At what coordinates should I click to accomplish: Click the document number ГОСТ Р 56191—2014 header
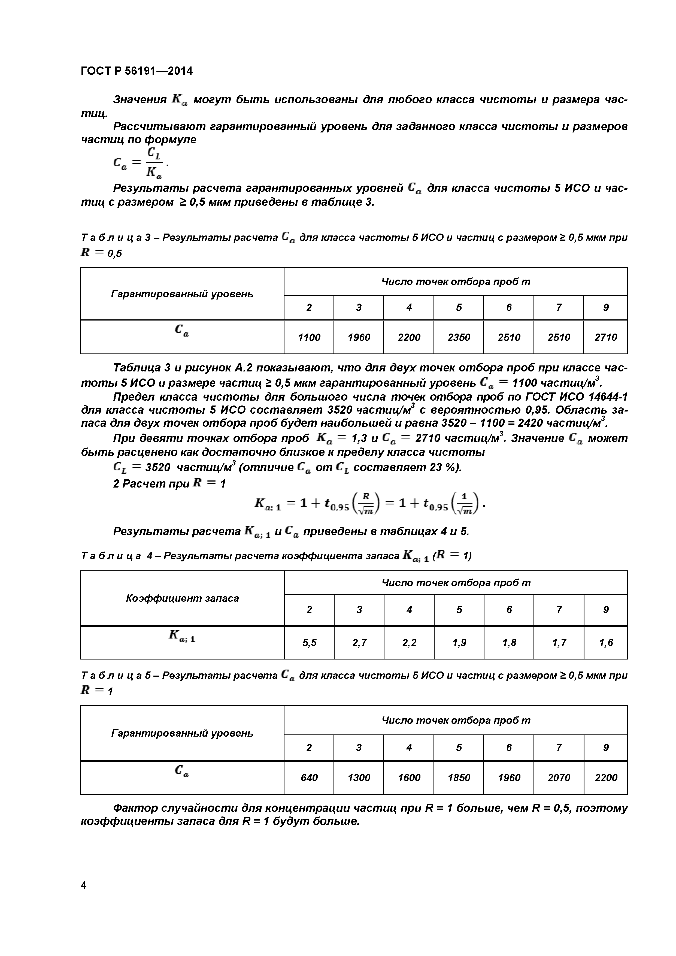click(x=137, y=71)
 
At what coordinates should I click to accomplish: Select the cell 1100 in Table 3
click(x=309, y=338)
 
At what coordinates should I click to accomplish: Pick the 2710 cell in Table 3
click(x=606, y=338)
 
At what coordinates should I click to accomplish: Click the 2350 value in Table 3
click(x=459, y=338)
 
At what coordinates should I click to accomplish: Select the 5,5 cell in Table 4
click(x=309, y=643)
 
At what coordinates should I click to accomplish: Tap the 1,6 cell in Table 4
click(x=606, y=643)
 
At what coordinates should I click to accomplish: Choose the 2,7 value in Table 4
click(x=359, y=643)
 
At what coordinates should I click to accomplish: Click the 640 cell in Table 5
click(x=309, y=778)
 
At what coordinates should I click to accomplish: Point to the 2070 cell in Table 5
click(x=559, y=778)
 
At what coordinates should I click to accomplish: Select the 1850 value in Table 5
click(x=459, y=778)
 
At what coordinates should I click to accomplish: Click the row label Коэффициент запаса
click(x=182, y=598)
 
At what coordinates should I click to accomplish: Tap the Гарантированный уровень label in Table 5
click(x=182, y=733)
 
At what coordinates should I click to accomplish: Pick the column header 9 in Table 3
click(x=606, y=308)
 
